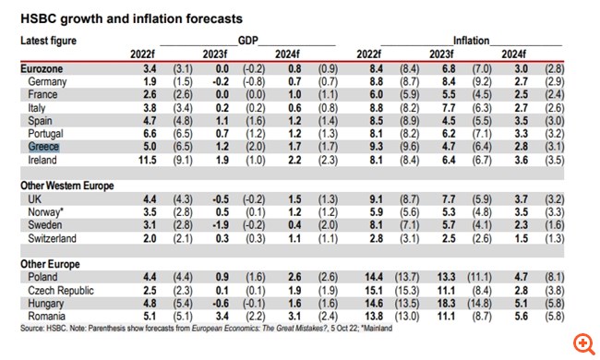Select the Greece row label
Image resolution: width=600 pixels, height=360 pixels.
point(42,145)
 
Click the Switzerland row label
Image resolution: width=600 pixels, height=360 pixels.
point(53,237)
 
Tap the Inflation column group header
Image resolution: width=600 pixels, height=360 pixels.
point(471,42)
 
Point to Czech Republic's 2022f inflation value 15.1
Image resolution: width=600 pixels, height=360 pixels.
point(376,289)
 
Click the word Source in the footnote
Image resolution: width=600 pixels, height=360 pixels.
point(32,329)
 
